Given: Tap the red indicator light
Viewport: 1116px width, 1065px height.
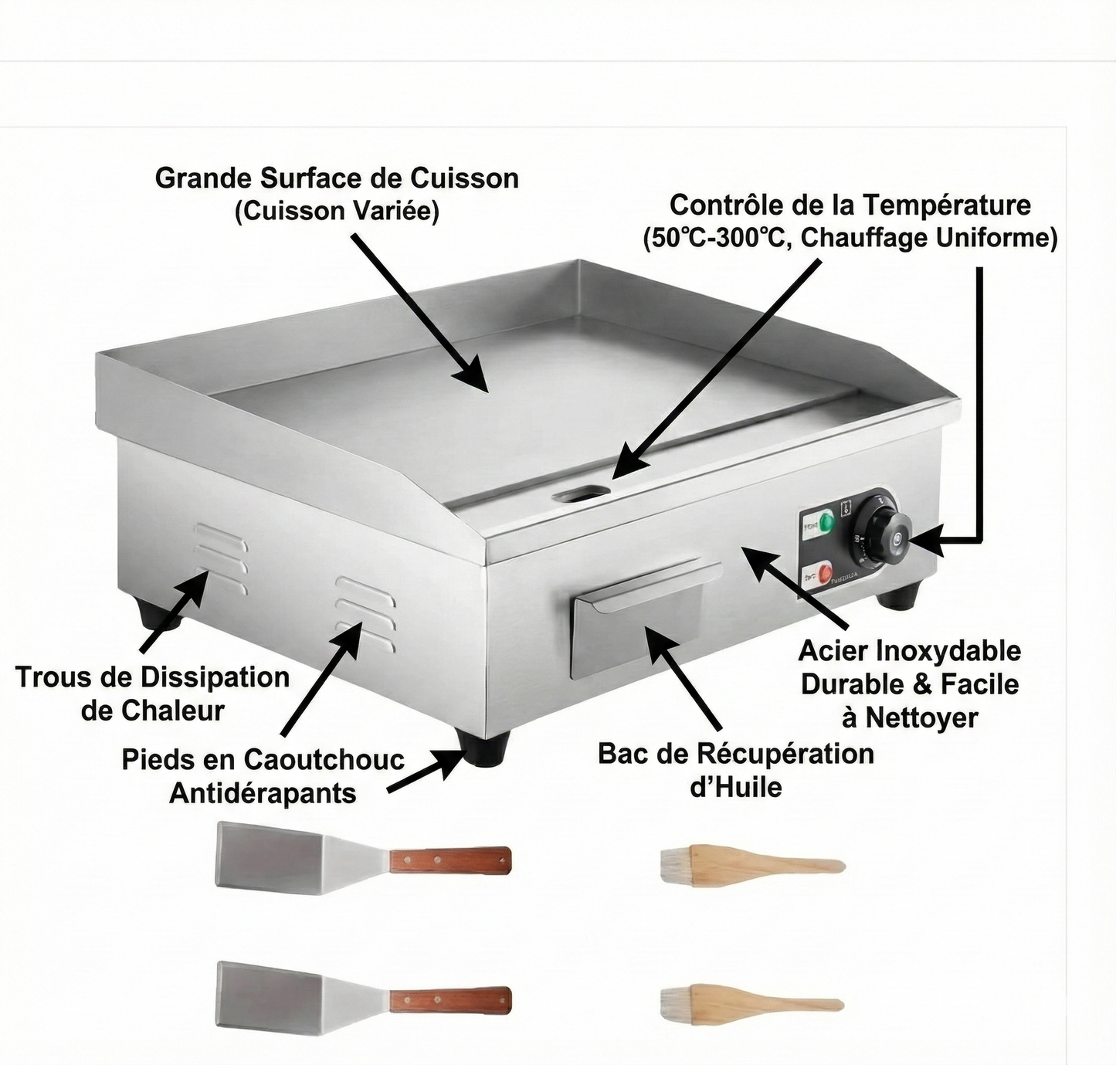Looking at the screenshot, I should point(826,574).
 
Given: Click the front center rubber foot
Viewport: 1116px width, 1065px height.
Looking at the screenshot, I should point(483,748).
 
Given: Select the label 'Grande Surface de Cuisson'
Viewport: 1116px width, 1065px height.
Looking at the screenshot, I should point(337,178).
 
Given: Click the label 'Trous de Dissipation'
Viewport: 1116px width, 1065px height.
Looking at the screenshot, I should point(152,677).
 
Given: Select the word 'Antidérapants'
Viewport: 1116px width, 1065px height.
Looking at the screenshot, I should point(263,793).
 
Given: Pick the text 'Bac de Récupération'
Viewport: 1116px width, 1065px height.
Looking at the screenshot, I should point(735,753).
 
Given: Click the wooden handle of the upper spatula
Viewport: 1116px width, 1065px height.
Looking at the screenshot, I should point(449,859).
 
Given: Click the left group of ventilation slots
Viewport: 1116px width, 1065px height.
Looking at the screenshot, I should point(221,558).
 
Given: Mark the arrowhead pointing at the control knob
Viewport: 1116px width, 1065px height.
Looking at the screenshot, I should point(927,543).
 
